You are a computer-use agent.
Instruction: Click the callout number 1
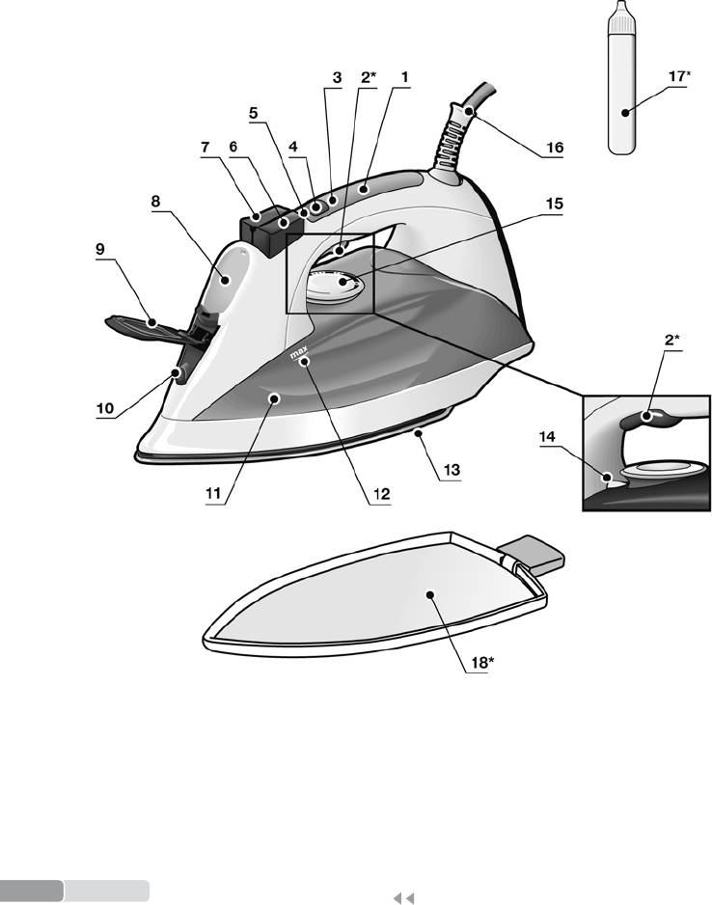click(405, 75)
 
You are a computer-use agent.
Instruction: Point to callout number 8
click(154, 203)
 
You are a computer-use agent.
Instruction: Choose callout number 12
click(382, 494)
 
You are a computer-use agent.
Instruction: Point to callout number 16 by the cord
click(553, 149)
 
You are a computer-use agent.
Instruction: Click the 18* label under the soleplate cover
click(476, 665)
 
